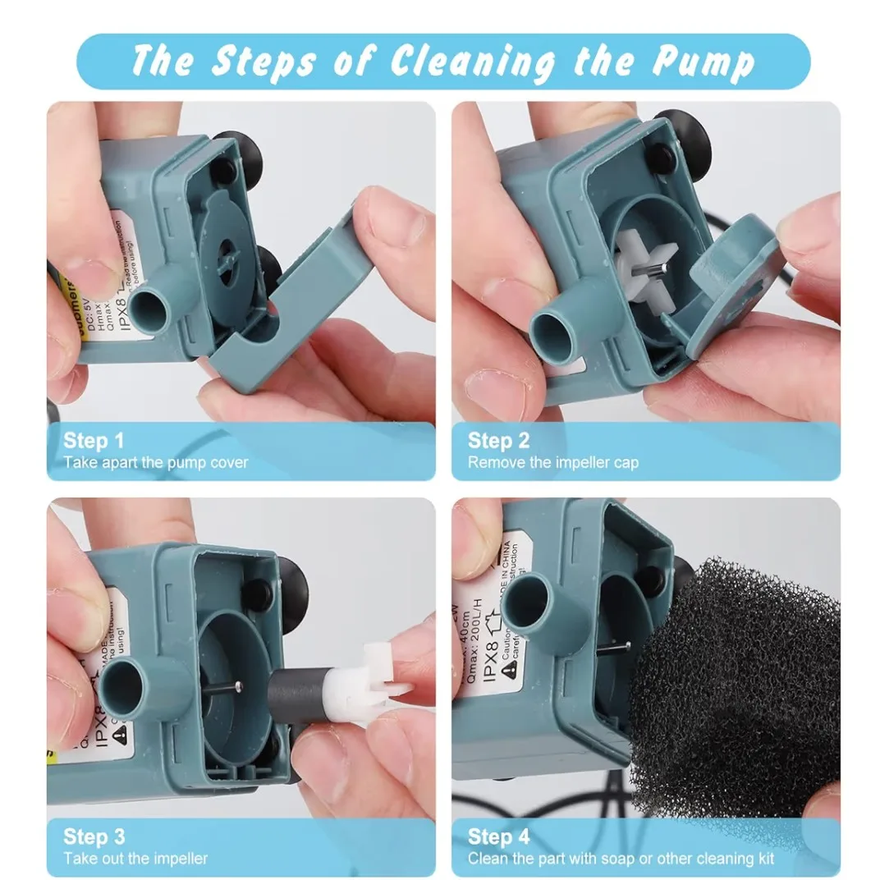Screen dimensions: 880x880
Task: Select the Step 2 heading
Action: (x=499, y=440)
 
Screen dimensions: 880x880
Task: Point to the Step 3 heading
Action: (x=94, y=836)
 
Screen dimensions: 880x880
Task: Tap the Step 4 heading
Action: (x=499, y=836)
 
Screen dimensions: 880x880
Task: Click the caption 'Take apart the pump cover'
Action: (x=156, y=462)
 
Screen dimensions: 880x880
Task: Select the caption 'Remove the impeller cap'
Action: (x=553, y=462)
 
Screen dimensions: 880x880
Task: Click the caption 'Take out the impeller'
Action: (x=136, y=859)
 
